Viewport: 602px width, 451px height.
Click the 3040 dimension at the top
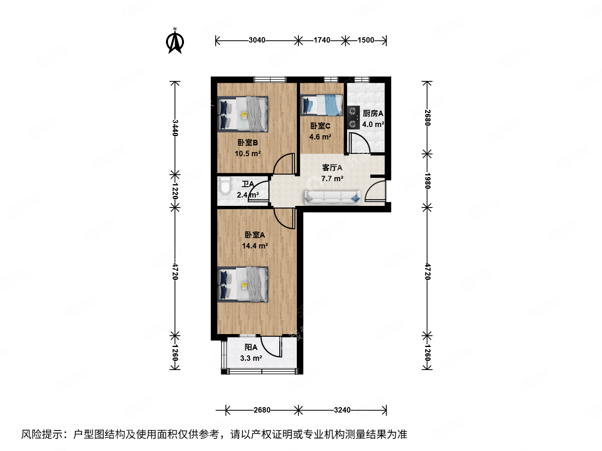pyautogui.click(x=257, y=40)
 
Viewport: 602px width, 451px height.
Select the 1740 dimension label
pyautogui.click(x=321, y=40)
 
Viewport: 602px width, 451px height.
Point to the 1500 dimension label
pyautogui.click(x=366, y=40)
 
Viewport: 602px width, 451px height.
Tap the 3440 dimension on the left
pyautogui.click(x=175, y=127)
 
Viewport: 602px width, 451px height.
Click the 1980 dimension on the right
pyautogui.click(x=427, y=180)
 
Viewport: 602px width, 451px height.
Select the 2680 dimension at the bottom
pyautogui.click(x=262, y=410)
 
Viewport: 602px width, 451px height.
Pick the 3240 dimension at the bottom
pyautogui.click(x=342, y=410)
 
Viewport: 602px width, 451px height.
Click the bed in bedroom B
pyautogui.click(x=243, y=114)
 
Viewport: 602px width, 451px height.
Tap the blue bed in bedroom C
pyautogui.click(x=322, y=104)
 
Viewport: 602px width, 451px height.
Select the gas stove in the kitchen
pyautogui.click(x=353, y=117)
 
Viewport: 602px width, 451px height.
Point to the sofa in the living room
pyautogui.click(x=332, y=198)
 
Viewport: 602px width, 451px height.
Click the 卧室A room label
pyautogui.click(x=255, y=235)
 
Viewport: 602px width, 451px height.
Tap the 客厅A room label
pyautogui.click(x=332, y=168)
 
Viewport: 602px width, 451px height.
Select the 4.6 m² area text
pyautogui.click(x=320, y=137)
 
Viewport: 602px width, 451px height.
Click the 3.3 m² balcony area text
pyautogui.click(x=251, y=358)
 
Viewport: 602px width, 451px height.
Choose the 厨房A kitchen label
pyautogui.click(x=372, y=114)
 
